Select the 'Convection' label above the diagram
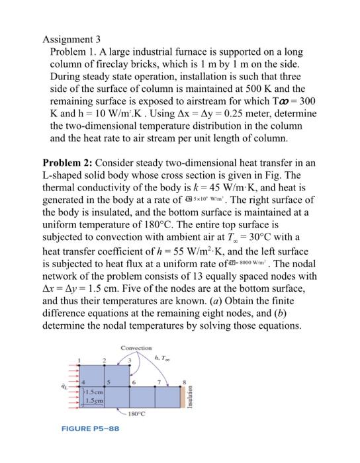click(136, 347)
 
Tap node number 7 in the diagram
click(159, 380)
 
